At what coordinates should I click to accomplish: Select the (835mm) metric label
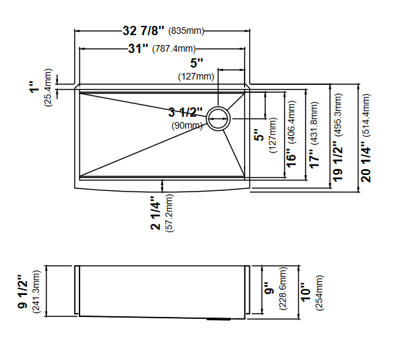pyautogui.click(x=186, y=31)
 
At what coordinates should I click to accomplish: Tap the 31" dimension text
pyautogui.click(x=139, y=48)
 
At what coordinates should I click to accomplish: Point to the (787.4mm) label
pyautogui.click(x=174, y=48)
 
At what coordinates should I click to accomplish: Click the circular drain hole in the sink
pyautogui.click(x=218, y=118)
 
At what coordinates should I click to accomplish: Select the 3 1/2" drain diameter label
pyautogui.click(x=186, y=111)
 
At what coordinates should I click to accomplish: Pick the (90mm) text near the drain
pyautogui.click(x=188, y=125)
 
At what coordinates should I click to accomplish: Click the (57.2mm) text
pyautogui.click(x=170, y=213)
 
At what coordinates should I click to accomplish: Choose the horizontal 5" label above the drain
pyautogui.click(x=196, y=64)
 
